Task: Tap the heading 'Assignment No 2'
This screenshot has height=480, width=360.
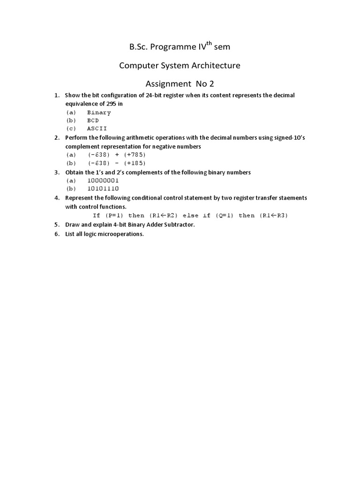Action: click(x=180, y=84)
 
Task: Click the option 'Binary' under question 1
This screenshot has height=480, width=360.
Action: click(x=99, y=112)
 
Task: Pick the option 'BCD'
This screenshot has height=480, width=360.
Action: click(x=93, y=120)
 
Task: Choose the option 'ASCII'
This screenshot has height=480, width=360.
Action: click(x=97, y=128)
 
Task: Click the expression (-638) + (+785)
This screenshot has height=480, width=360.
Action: click(x=117, y=155)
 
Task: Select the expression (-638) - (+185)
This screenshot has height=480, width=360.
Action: click(x=117, y=163)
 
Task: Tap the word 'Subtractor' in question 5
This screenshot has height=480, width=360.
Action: click(x=179, y=225)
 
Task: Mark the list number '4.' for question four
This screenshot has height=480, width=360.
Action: click(x=57, y=198)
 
